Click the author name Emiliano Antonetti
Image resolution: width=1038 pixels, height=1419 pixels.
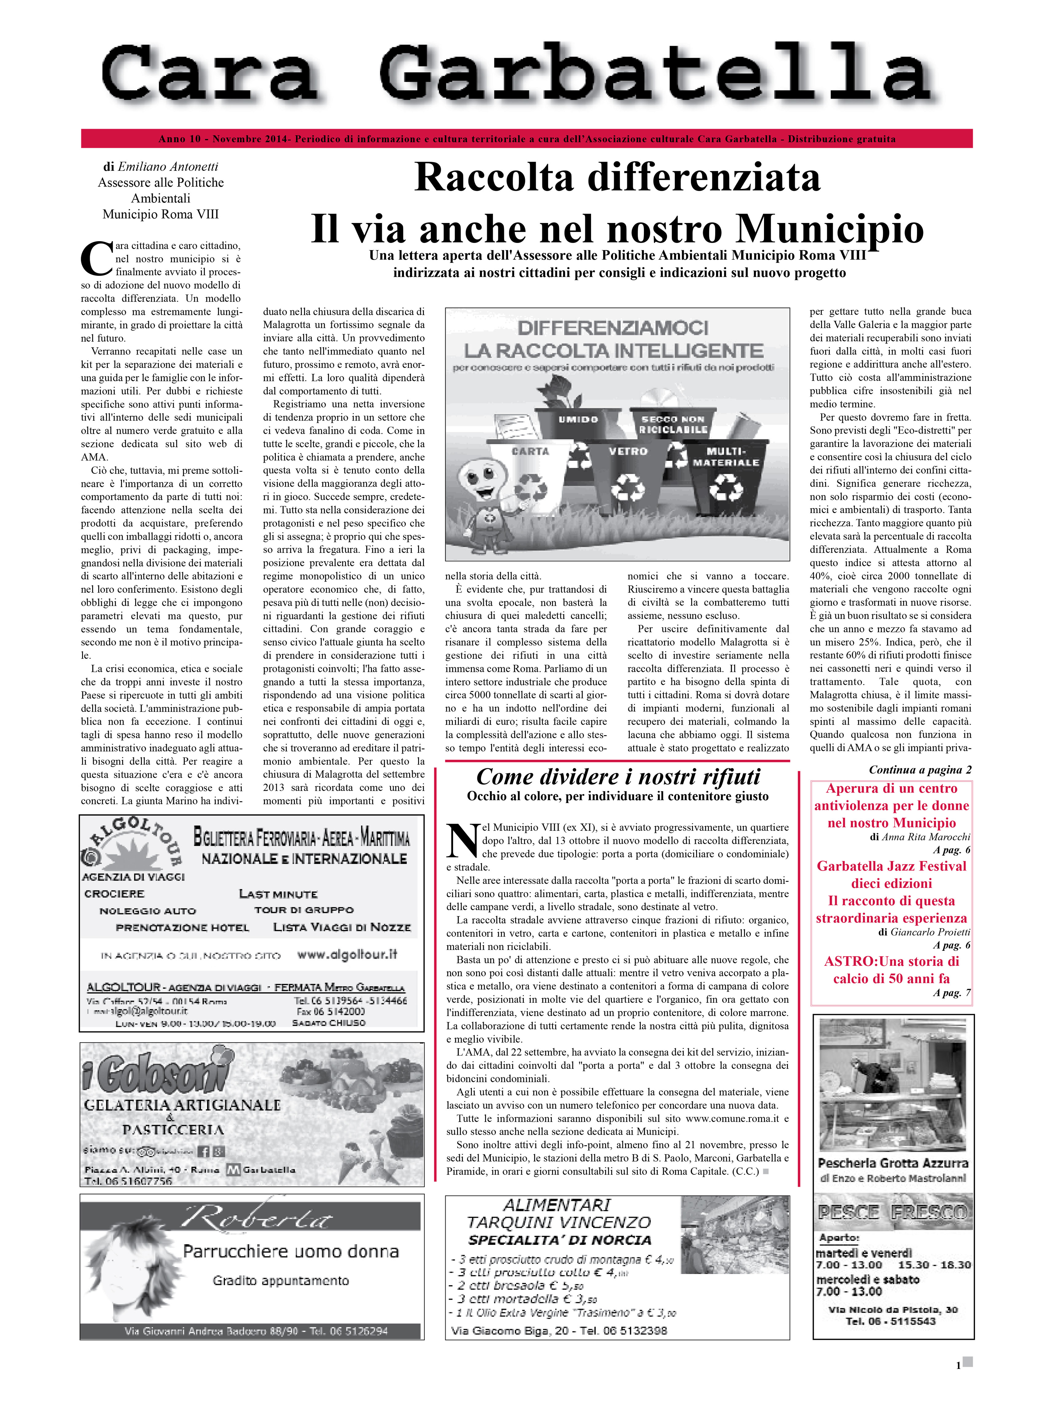tap(168, 167)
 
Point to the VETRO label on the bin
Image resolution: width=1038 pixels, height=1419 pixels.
tap(627, 451)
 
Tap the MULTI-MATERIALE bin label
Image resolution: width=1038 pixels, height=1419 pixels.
tap(726, 457)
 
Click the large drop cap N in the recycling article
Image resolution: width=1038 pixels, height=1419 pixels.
tap(463, 841)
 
